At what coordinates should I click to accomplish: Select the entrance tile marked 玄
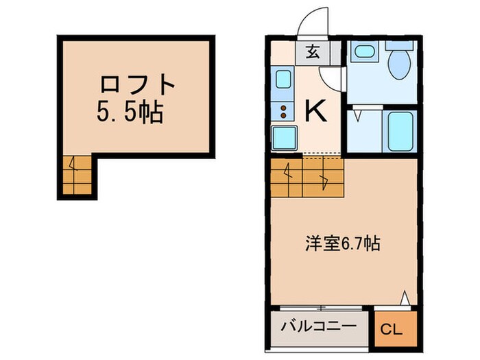pyautogui.click(x=312, y=51)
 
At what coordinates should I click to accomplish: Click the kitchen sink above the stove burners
pyautogui.click(x=284, y=80)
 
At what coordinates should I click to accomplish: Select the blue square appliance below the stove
pyautogui.click(x=283, y=138)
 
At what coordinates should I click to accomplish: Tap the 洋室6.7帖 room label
pyautogui.click(x=342, y=243)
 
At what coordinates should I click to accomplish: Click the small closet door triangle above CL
pyautogui.click(x=405, y=297)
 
